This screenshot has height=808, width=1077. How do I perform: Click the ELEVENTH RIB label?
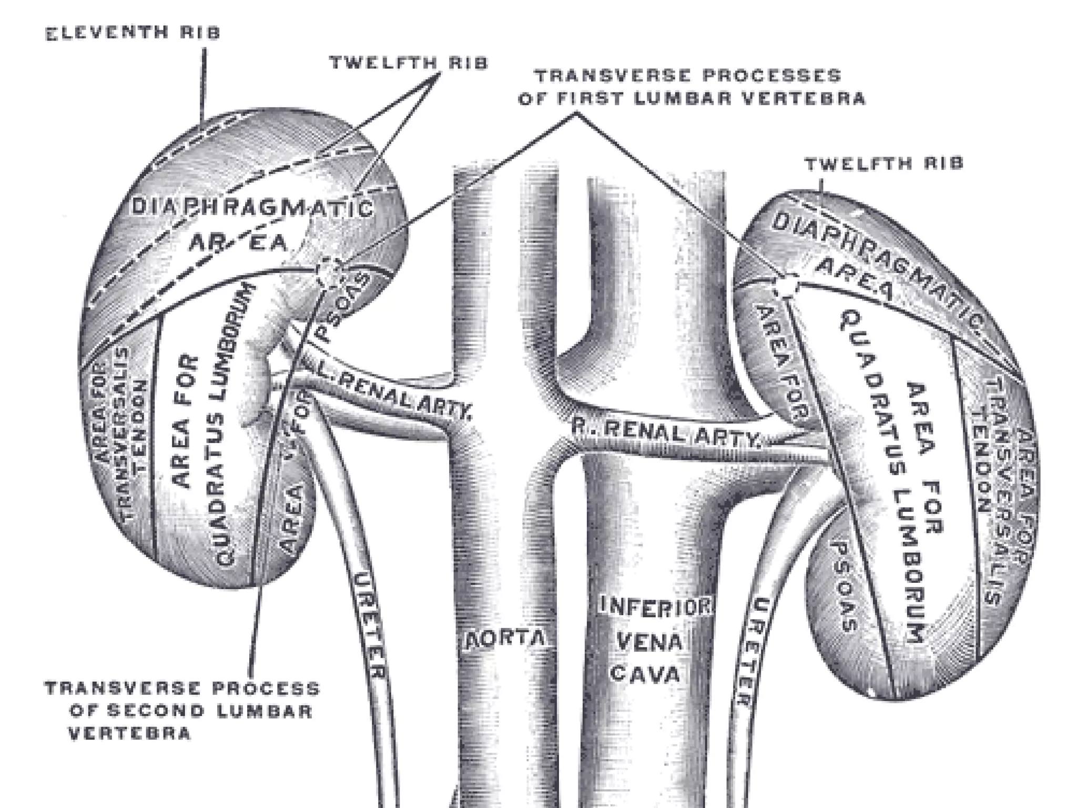click(133, 33)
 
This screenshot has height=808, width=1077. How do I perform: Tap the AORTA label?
click(504, 639)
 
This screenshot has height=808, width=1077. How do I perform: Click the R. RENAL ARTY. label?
click(666, 432)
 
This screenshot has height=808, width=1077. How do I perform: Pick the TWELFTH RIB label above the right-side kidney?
click(885, 164)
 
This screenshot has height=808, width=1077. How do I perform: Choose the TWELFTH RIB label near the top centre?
click(409, 63)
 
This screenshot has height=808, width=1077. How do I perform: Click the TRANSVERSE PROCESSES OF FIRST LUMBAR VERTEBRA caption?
click(690, 87)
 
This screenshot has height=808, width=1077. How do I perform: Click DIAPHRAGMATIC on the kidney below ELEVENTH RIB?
click(251, 208)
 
